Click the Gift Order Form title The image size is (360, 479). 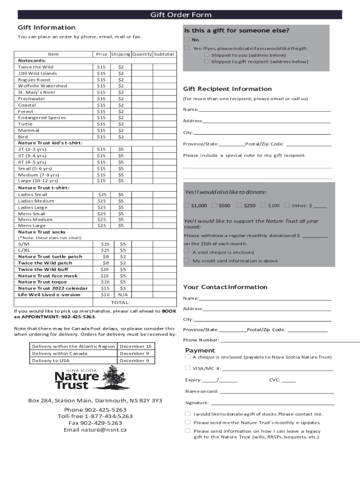(180, 15)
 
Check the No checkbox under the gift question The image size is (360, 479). (187, 39)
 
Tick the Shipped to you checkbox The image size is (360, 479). (207, 55)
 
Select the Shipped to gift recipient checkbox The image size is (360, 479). (207, 61)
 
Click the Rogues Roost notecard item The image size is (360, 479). (34, 80)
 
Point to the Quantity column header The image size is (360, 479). (142, 54)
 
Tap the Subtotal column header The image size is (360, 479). (164, 54)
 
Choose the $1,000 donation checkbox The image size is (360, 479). (187, 205)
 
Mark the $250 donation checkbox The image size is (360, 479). (239, 205)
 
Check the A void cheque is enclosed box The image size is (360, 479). (187, 251)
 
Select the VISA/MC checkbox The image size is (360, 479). (187, 368)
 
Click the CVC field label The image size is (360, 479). (274, 380)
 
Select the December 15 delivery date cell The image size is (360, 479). (136, 346)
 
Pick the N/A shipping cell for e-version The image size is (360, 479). (122, 295)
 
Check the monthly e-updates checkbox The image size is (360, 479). (187, 422)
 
